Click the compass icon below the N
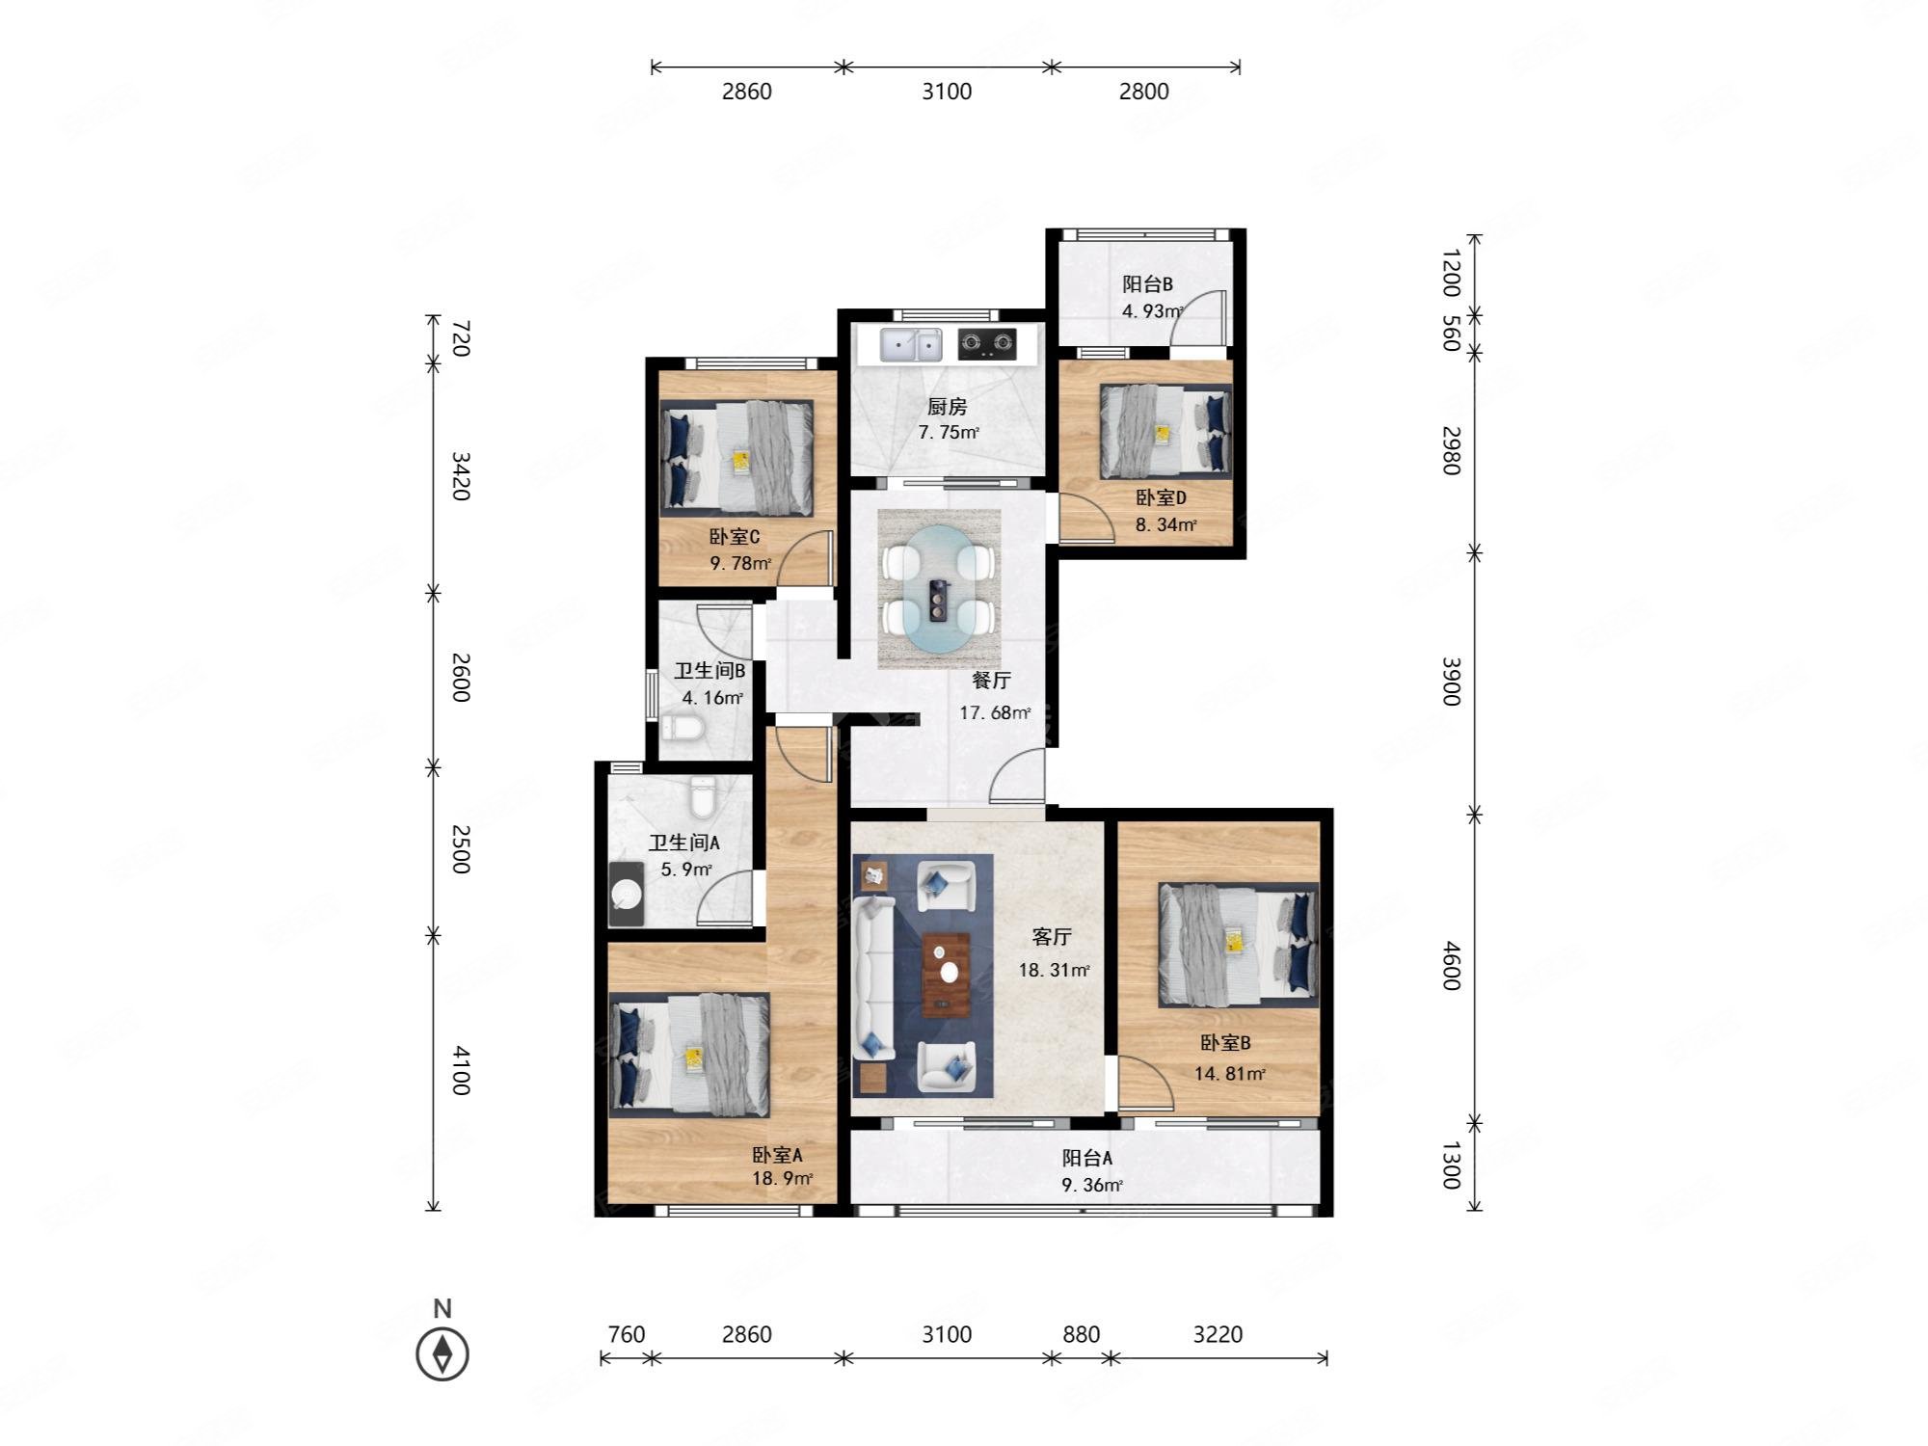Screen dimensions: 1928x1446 coord(442,1353)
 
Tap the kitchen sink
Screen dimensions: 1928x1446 coord(910,344)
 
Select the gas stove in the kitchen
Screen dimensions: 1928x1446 coord(987,344)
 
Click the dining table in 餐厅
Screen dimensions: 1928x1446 coord(939,589)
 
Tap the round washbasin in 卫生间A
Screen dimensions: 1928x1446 coord(628,894)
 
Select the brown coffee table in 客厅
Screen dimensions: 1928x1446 coord(947,975)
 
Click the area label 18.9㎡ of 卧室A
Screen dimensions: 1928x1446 coord(783,1178)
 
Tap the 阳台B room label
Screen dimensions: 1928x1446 coord(1147,284)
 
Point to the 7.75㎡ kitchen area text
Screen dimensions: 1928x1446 coord(949,432)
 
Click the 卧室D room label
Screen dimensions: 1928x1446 coord(1161,497)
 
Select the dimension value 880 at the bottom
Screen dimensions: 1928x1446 coord(1081,1334)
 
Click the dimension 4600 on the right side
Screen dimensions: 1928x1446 coord(1452,967)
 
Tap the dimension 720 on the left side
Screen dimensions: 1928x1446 coord(461,339)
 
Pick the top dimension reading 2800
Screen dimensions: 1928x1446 coord(1144,92)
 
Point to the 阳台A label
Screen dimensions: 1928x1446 coord(1087,1158)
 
